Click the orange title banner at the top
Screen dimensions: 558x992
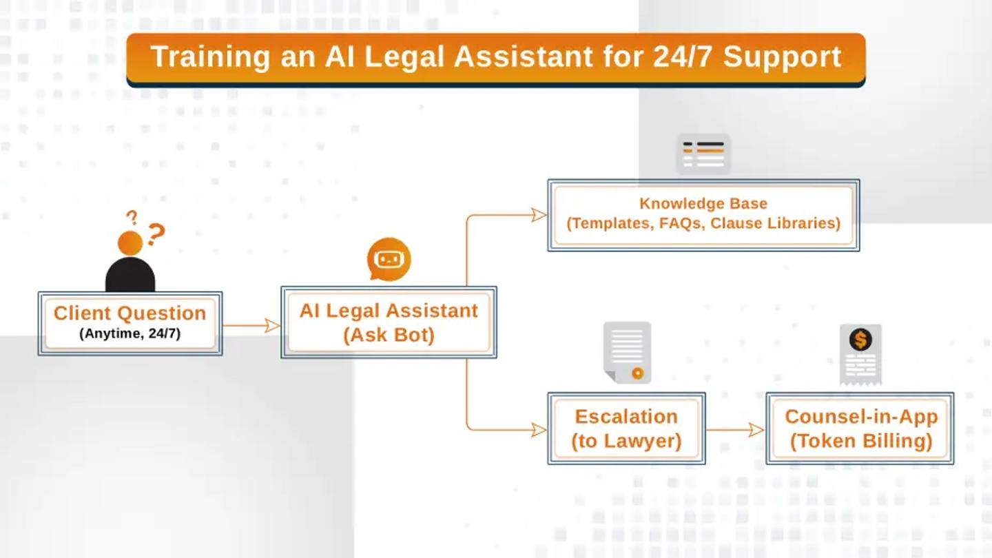(x=495, y=58)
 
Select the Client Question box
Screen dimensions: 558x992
(x=130, y=323)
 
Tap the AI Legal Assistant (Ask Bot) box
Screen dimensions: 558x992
(x=389, y=322)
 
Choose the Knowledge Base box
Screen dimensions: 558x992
(x=703, y=214)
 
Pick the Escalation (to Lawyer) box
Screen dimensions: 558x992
(x=626, y=428)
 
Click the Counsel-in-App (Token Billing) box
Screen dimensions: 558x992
(x=860, y=428)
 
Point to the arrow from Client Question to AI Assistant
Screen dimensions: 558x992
(x=251, y=325)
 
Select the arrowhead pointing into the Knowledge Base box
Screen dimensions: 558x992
(x=539, y=215)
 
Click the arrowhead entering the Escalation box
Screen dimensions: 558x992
(x=539, y=430)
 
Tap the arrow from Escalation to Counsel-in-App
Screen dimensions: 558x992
(x=735, y=430)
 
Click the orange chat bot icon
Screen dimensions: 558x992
(x=389, y=260)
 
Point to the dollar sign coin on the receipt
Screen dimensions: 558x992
(x=860, y=339)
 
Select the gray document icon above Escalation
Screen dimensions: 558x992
(x=627, y=351)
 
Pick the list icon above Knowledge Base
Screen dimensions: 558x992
(x=703, y=154)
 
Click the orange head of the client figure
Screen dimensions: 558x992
(x=130, y=243)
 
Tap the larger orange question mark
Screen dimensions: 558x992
(x=156, y=234)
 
